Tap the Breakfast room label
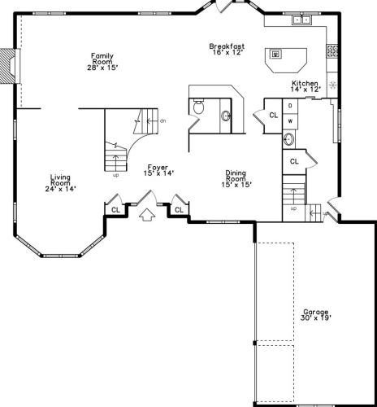(x=227, y=50)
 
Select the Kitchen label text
(x=305, y=85)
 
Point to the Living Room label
(x=60, y=182)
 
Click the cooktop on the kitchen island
(x=277, y=55)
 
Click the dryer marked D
(x=290, y=106)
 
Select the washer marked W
(x=290, y=120)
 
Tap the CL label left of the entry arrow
(x=115, y=209)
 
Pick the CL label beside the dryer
(x=273, y=116)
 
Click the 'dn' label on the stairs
(x=163, y=121)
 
